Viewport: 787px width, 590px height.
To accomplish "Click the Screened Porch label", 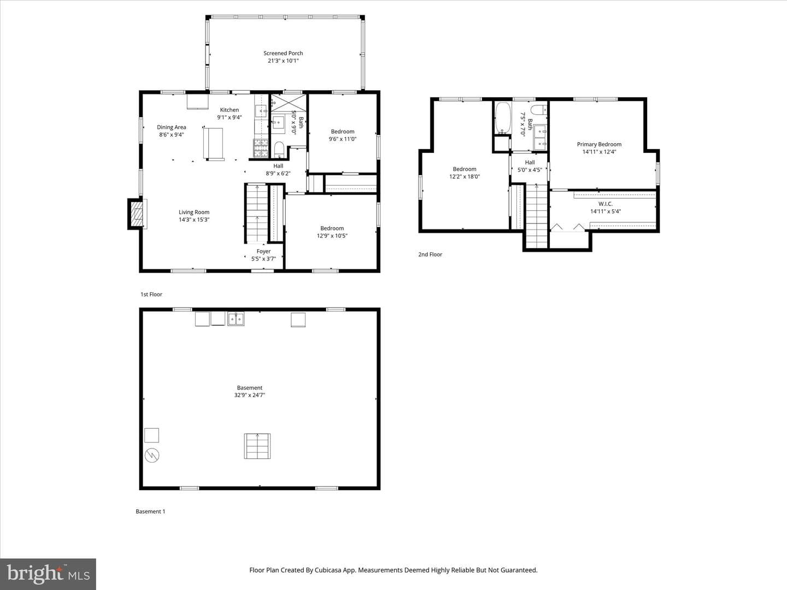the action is (x=283, y=53).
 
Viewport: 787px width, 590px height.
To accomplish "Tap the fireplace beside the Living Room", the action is (x=136, y=214).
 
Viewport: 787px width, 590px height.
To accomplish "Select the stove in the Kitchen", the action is (x=261, y=148).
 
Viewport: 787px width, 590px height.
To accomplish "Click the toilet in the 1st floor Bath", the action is (x=279, y=150).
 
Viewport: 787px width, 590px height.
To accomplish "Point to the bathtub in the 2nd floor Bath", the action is (x=503, y=118).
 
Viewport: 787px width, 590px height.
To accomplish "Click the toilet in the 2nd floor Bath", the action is (x=538, y=109).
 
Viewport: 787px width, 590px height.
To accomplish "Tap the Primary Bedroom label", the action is (x=599, y=144).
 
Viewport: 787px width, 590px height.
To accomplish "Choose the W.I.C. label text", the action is (x=605, y=204).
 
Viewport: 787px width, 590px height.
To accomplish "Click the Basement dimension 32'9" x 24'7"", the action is (x=250, y=395).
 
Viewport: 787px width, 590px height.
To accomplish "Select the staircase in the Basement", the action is (x=257, y=446).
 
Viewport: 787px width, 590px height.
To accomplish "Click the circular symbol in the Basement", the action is (x=152, y=455).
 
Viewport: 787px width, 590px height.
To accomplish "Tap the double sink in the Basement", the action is (x=236, y=319).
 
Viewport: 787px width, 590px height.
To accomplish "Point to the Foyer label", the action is (x=263, y=251).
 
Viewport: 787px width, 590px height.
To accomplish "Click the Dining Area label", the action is (x=172, y=127).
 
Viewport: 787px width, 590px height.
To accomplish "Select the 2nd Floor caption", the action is (x=430, y=255).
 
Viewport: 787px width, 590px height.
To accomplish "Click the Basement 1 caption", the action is (x=150, y=511).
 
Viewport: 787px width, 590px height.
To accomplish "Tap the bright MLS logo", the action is (x=48, y=574).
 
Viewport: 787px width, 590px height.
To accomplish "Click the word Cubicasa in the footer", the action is (x=328, y=570).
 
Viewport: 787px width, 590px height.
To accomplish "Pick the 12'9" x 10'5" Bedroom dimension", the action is (x=332, y=235).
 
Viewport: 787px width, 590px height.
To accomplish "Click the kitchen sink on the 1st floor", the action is (x=261, y=111).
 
